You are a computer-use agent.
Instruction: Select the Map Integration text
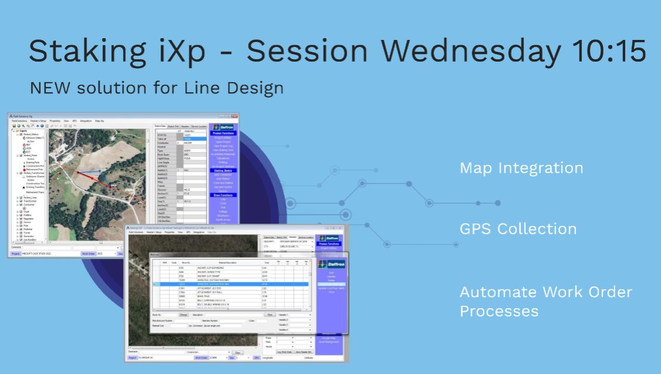[521, 169]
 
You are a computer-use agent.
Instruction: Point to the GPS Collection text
[518, 229]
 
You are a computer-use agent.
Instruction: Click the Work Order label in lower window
[201, 357]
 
